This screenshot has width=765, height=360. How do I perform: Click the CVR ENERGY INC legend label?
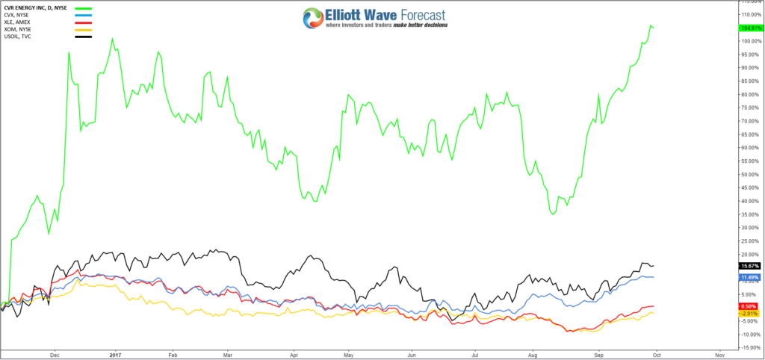34,7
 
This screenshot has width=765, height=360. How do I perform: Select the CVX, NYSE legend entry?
17,15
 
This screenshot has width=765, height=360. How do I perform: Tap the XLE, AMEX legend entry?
18,22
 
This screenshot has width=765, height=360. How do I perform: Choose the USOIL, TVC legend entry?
18,36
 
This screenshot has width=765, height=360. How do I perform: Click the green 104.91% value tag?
749,28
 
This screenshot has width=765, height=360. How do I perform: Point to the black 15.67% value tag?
749,266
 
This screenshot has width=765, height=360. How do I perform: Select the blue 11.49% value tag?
749,278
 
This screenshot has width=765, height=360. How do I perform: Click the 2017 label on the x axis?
114,354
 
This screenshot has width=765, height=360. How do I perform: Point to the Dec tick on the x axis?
54,354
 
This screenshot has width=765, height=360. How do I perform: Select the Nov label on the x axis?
719,354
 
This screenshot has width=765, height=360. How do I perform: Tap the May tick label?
347,354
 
